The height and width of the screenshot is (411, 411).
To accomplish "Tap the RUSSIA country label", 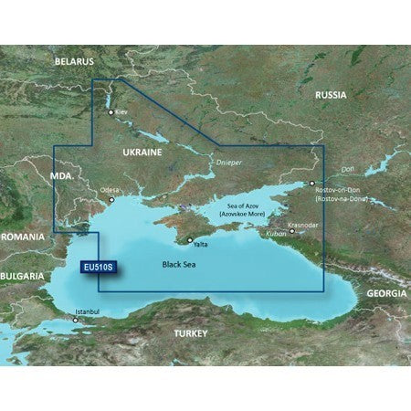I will point(334,95).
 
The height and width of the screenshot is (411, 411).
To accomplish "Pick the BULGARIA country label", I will point(22,276).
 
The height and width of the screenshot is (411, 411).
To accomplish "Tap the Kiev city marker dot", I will point(111,113).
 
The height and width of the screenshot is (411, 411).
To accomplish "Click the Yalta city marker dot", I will point(190,241).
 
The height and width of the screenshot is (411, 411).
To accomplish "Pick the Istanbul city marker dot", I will point(76,321).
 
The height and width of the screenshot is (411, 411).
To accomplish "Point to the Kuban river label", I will point(276,234).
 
